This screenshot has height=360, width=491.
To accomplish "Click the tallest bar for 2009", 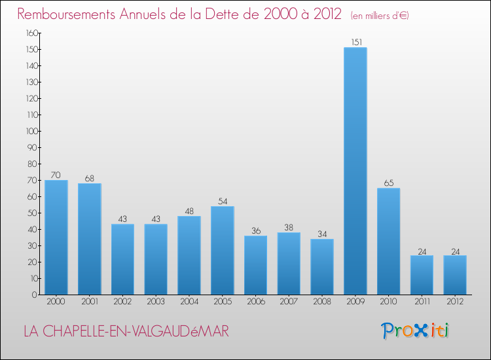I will tap(355, 171).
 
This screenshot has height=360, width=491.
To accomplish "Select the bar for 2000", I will tap(56, 237).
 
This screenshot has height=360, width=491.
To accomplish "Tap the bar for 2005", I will tap(223, 250).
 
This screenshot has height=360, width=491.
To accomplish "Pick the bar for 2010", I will tap(389, 241).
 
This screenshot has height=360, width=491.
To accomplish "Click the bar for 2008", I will tap(322, 266).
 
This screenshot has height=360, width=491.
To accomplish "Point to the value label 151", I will tap(355, 43).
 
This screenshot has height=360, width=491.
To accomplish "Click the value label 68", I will tap(90, 178).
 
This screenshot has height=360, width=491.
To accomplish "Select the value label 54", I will tap(223, 201).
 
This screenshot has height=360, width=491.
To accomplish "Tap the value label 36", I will tap(255, 230).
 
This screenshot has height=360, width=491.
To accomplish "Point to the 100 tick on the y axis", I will tap(31, 131).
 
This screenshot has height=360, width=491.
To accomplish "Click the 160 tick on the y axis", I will tap(31, 33).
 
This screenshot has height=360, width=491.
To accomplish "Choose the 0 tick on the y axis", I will tap(34, 295).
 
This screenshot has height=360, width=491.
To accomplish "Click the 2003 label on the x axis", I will tap(156, 302).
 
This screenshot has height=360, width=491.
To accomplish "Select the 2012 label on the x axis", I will tap(455, 302).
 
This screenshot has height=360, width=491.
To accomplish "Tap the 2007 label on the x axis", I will tap(289, 302).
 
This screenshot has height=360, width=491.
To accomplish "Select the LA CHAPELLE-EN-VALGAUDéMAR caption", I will tap(126, 332).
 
